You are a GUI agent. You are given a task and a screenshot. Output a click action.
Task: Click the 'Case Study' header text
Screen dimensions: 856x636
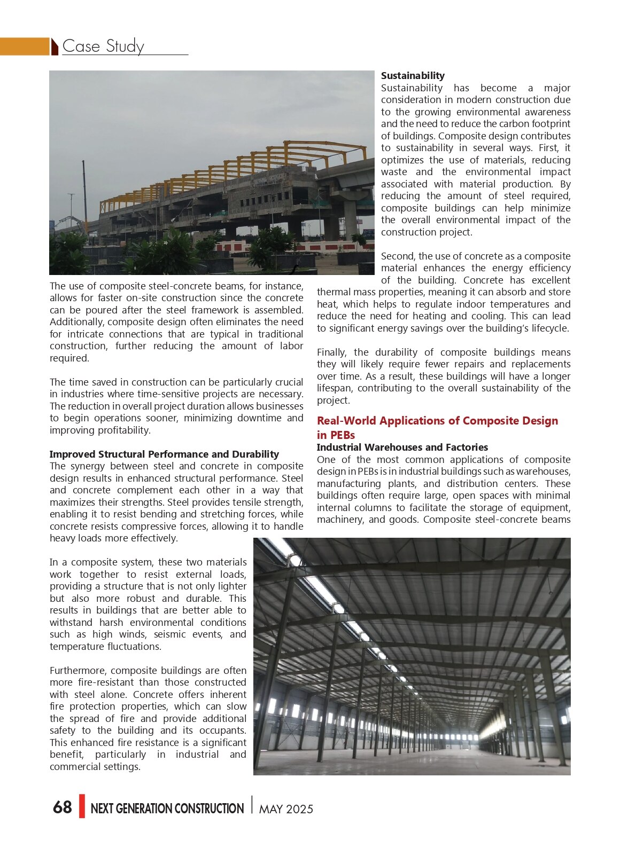pyautogui.click(x=103, y=46)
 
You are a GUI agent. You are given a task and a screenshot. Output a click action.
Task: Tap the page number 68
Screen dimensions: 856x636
pyautogui.click(x=63, y=807)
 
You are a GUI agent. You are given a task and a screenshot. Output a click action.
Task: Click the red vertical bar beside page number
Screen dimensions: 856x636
pyautogui.click(x=82, y=806)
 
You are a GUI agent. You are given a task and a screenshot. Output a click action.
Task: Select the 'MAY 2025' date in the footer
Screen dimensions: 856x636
pyautogui.click(x=286, y=809)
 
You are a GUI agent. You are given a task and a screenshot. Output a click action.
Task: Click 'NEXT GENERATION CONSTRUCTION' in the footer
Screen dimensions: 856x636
pyautogui.click(x=167, y=808)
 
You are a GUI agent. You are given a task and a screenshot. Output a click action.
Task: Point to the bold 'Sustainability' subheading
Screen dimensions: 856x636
pyautogui.click(x=413, y=76)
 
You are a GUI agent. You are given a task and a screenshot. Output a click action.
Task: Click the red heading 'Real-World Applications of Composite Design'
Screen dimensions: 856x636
pyautogui.click(x=437, y=421)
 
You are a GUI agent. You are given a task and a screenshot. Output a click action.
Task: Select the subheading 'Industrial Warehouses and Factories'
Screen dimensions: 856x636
pyautogui.click(x=402, y=447)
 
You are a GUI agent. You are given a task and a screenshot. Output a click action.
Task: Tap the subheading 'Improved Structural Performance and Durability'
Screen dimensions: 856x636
pyautogui.click(x=164, y=454)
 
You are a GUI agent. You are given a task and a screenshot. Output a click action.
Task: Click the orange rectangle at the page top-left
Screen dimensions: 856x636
pyautogui.click(x=25, y=46)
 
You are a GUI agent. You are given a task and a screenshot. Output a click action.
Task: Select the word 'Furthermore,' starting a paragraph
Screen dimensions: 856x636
pyautogui.click(x=78, y=671)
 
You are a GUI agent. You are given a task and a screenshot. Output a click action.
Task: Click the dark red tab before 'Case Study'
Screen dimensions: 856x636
pyautogui.click(x=55, y=47)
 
